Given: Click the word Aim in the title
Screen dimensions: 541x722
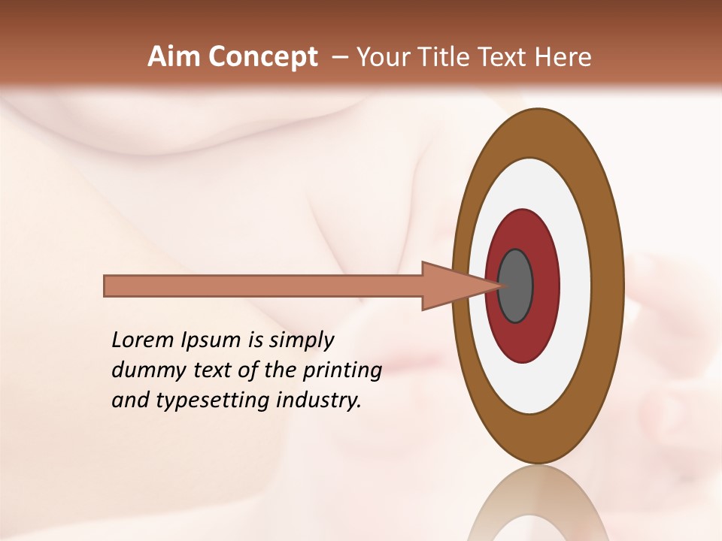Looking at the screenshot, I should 174,57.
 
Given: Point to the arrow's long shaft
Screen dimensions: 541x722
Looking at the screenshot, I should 263,286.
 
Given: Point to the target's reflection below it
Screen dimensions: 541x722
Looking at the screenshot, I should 537,503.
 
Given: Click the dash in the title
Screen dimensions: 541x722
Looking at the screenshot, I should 339,57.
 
